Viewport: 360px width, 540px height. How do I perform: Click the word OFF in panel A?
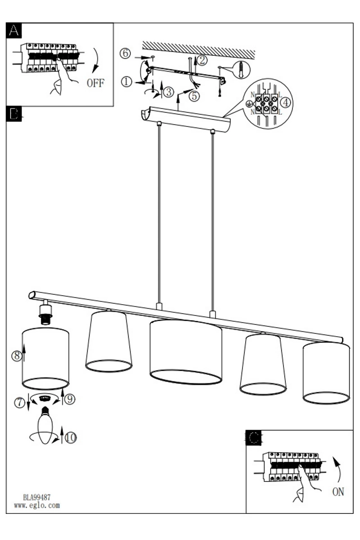coord(95,83)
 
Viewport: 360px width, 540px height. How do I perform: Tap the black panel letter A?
coord(14,31)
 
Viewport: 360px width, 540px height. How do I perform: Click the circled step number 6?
coord(125,53)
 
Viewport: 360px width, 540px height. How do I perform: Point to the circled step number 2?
coord(202,60)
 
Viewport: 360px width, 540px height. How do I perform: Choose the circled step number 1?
coord(126,82)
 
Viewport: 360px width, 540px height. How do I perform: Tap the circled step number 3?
coord(169,92)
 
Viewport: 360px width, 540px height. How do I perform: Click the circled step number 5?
coord(194,96)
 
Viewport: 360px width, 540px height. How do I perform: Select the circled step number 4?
coord(285,103)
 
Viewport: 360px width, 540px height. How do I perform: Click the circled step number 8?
coord(17,355)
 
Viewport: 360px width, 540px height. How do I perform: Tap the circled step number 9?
coord(70,399)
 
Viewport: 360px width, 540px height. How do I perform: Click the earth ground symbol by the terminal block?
coord(248,103)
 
